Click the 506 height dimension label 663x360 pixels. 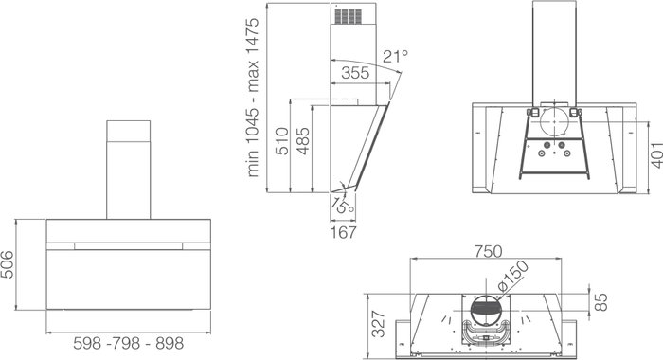8,265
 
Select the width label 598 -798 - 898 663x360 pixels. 129,343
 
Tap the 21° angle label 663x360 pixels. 395,56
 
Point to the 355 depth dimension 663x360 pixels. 355,73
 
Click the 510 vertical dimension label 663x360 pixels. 281,141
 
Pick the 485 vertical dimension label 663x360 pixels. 303,141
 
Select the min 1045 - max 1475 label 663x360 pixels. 252,97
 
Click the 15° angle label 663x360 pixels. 343,206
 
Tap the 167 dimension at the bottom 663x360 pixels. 343,232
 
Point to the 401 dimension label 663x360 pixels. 656,155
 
